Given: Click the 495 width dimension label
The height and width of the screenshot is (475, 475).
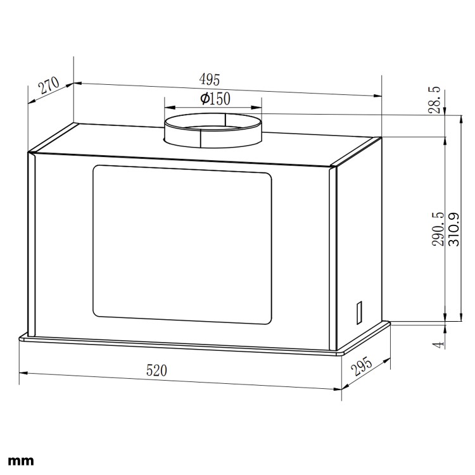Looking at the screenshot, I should pyautogui.click(x=209, y=80).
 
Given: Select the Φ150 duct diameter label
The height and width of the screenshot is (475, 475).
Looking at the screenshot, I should pyautogui.click(x=215, y=99).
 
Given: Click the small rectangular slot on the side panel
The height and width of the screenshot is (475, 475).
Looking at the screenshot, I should pyautogui.click(x=358, y=311).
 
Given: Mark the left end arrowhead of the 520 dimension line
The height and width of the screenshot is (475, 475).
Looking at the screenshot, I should pyautogui.click(x=23, y=373).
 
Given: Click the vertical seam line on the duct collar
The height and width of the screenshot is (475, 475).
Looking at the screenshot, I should pyautogui.click(x=201, y=139).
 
